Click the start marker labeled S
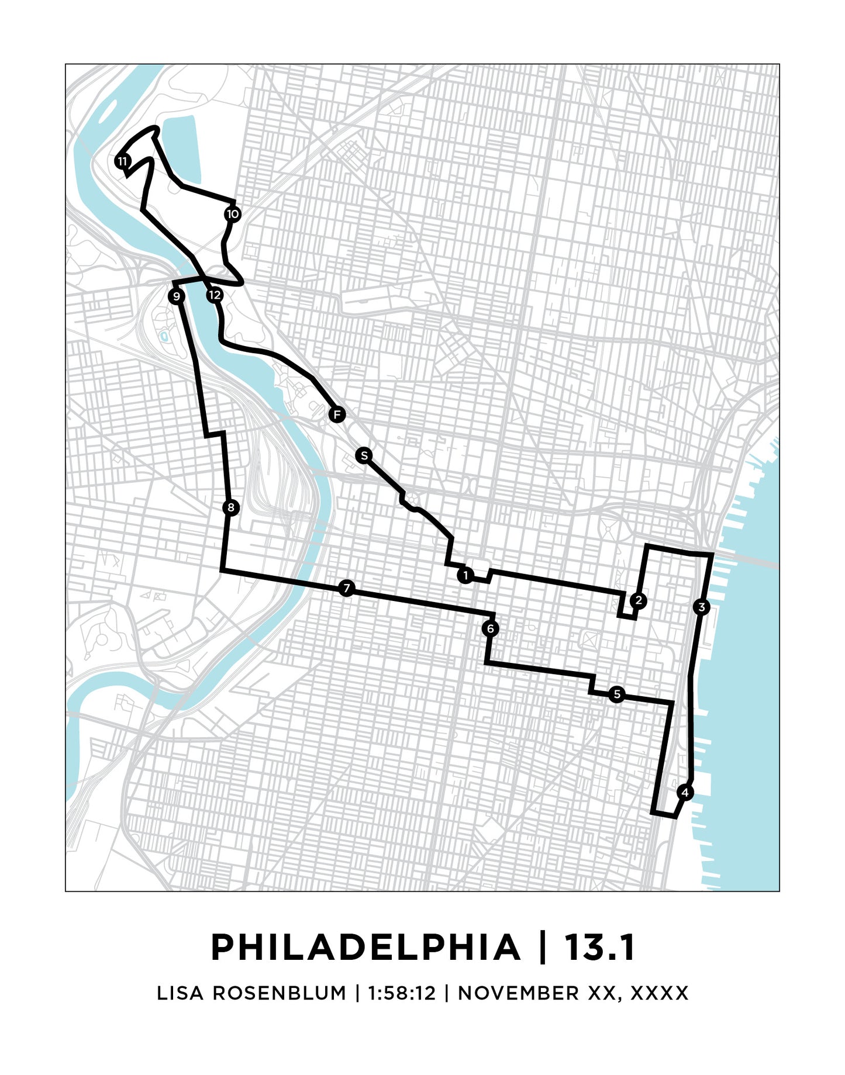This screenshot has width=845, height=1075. click(x=364, y=455)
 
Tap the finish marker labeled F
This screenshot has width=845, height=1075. click(x=336, y=415)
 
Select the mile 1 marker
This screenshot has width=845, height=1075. click(x=465, y=576)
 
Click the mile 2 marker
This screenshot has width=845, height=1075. click(x=638, y=600)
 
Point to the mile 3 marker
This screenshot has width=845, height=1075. click(x=702, y=607)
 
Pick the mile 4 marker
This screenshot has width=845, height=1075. click(x=685, y=793)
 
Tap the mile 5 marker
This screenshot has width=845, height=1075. click(x=616, y=694)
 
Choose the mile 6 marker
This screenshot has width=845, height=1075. click(x=491, y=629)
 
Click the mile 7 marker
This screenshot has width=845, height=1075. click(x=347, y=588)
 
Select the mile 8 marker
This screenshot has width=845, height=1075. click(x=231, y=507)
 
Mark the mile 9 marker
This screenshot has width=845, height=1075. click(x=177, y=296)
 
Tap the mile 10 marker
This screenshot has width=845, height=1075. click(x=233, y=214)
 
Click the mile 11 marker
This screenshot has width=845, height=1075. click(x=122, y=161)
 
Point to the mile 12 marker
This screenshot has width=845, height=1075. click(x=215, y=295)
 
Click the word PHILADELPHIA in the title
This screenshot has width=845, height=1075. click(x=365, y=948)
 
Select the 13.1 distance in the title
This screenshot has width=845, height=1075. click(x=599, y=948)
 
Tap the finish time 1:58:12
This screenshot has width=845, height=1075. click(x=402, y=993)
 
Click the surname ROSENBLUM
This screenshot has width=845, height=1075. click(x=279, y=993)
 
